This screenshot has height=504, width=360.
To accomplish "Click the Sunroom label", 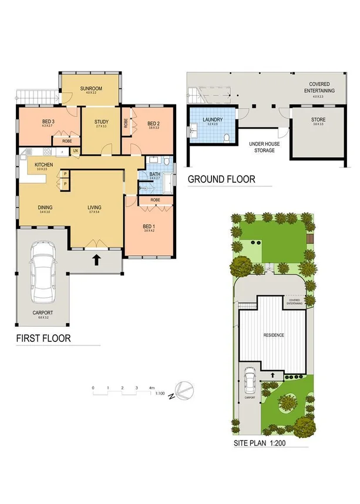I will point(91,89).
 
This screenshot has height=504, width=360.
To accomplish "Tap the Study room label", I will point(101,122).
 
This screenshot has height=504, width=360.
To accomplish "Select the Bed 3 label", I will point(31,122).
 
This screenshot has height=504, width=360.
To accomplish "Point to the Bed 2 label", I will point(153,123).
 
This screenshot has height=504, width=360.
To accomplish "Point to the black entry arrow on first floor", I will point(95,259).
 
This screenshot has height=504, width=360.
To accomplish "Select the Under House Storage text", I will point(263,147).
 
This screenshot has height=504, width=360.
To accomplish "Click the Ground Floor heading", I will point(221,179).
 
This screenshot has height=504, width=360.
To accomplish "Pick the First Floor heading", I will point(43,338).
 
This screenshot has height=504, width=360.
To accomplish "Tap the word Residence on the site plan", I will point(274,335).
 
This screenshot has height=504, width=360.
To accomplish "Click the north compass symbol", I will point(184,390).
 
